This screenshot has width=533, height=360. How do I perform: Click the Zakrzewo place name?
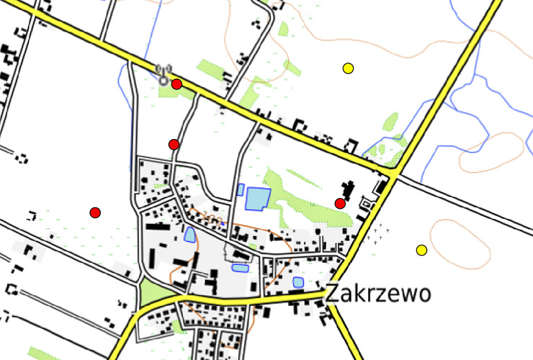378,294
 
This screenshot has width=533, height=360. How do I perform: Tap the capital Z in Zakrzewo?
333,294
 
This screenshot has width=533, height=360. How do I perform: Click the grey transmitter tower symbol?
164,74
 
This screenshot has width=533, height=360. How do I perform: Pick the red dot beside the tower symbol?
177,84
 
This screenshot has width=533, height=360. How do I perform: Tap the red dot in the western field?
95,212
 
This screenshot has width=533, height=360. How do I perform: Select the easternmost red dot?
340,203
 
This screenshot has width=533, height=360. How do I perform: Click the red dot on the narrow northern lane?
174,145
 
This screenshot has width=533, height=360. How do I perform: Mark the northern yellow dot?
348,68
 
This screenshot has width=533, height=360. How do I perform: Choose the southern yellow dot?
421,250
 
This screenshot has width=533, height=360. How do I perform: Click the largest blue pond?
257,198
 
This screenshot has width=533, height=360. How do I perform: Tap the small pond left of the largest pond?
241,190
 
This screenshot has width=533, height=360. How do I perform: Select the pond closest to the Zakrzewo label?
298,282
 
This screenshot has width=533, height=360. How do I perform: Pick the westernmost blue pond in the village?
189,235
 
